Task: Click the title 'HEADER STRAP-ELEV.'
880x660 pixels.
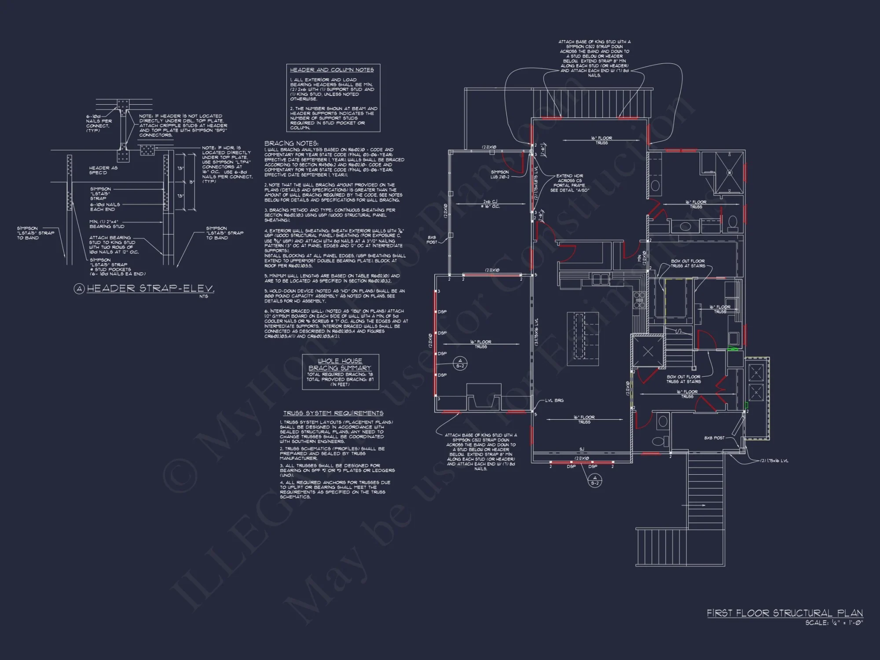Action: pos(150,289)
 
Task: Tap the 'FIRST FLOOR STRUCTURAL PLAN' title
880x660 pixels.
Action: pos(785,613)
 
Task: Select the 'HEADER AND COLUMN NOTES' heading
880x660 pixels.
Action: pos(332,70)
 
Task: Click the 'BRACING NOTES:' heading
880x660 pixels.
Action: pos(291,143)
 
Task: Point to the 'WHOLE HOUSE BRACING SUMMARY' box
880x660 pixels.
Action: pos(340,372)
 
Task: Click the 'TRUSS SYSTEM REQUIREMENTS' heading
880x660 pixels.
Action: pos(333,413)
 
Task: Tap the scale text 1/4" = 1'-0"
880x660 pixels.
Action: pos(834,623)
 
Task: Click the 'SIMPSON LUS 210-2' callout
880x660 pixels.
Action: pos(500,175)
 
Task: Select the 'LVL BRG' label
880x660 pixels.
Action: pos(554,400)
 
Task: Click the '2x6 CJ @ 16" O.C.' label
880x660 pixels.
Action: pos(490,204)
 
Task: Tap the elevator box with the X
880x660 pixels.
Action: pos(648,351)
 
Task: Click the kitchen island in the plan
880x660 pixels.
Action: pos(583,338)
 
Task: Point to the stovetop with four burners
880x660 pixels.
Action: pos(639,300)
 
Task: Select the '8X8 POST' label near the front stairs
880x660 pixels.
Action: pos(714,438)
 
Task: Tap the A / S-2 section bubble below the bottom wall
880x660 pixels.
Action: pos(595,480)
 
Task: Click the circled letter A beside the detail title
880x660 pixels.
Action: pos(79,289)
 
